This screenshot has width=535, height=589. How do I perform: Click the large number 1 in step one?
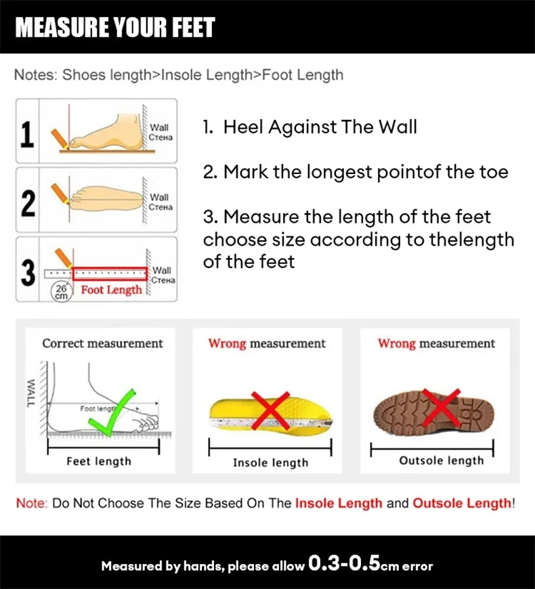27,133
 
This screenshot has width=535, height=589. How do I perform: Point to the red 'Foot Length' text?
112,290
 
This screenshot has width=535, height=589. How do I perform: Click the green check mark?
112,410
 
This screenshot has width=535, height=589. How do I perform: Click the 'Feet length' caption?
99,461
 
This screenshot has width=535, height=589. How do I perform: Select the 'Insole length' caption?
270,462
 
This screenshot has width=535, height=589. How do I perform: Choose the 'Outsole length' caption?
441,460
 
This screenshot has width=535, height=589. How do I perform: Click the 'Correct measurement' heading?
102,343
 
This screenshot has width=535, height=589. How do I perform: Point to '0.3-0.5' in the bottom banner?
344,564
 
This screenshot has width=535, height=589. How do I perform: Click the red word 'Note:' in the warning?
30,503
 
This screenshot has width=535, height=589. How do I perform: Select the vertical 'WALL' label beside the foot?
30,393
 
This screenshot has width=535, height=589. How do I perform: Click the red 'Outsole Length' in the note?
462,503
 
